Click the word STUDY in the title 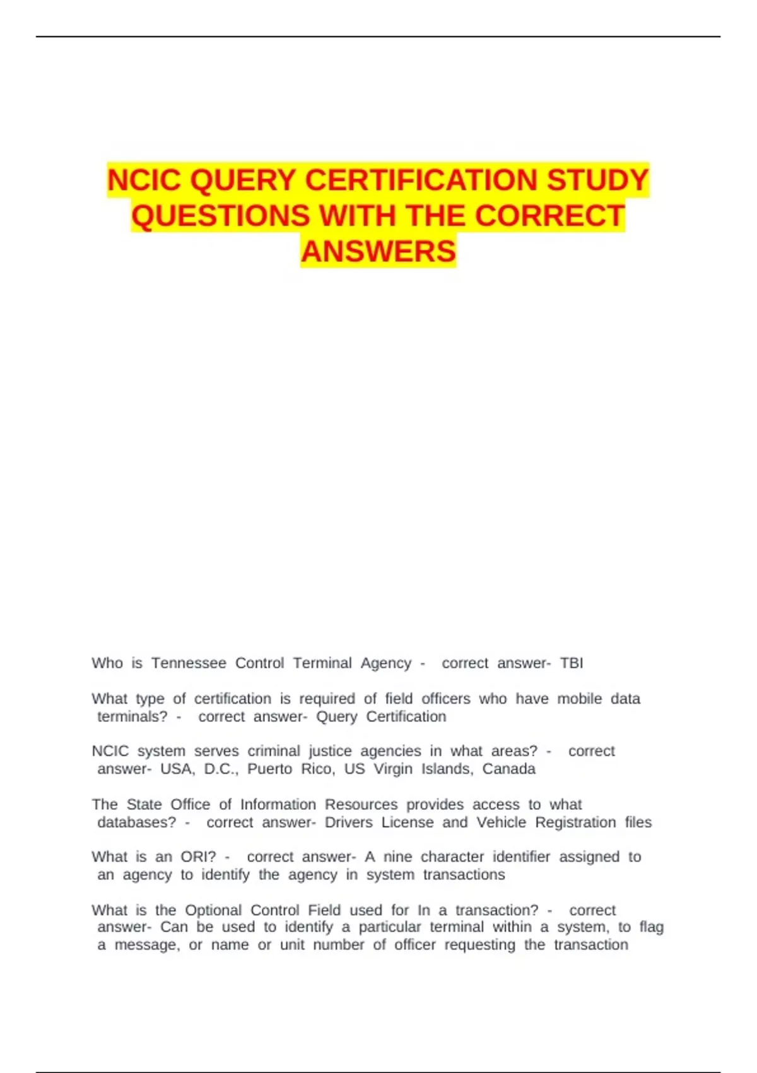(597, 180)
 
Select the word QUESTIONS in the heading (220, 216)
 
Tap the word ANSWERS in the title (378, 251)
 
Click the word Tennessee (189, 663)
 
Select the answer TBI (572, 663)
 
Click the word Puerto (270, 769)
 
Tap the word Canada (509, 769)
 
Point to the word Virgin (393, 769)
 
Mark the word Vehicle (502, 822)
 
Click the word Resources (361, 805)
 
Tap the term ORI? (198, 857)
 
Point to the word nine (397, 857)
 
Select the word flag (651, 927)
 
